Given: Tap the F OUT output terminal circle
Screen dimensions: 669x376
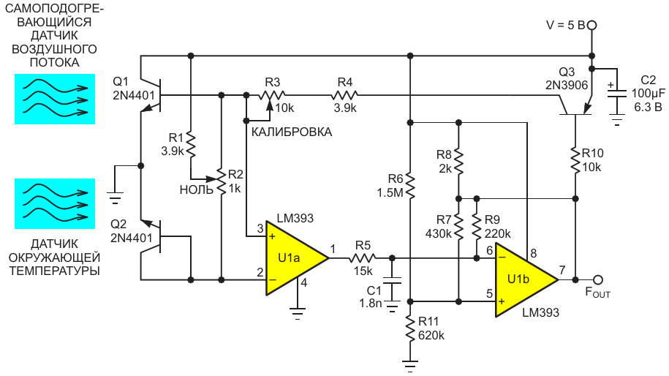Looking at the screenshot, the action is coord(598,280).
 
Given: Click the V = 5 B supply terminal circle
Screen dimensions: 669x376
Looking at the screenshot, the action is coord(591,26).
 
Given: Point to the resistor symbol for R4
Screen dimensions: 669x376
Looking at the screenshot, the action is coord(345,94).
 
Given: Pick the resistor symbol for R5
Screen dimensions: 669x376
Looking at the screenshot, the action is coord(362,257).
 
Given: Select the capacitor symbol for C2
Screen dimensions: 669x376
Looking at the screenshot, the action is coord(617,94).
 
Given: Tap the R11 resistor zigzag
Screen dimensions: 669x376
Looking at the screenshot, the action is coord(410,328).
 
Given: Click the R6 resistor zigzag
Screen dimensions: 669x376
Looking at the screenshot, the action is coord(410,186).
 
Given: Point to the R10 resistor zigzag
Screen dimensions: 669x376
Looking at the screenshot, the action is coord(575,160).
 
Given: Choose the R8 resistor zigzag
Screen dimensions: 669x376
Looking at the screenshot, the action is coord(458,162).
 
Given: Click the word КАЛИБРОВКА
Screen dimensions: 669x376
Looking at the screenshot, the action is coord(292,132).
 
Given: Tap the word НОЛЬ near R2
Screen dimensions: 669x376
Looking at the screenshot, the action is coord(196,190).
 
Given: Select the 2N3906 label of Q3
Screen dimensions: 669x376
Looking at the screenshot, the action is coord(567,86).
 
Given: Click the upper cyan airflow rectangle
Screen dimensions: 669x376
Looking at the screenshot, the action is coord(55,99).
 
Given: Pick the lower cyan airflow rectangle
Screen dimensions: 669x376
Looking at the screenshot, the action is coord(55,203).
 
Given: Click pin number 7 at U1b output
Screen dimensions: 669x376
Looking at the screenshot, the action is coord(562,270).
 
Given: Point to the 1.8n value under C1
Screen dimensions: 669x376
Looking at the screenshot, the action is coord(371,303).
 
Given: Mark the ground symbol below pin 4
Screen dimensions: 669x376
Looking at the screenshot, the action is coord(298,314).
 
